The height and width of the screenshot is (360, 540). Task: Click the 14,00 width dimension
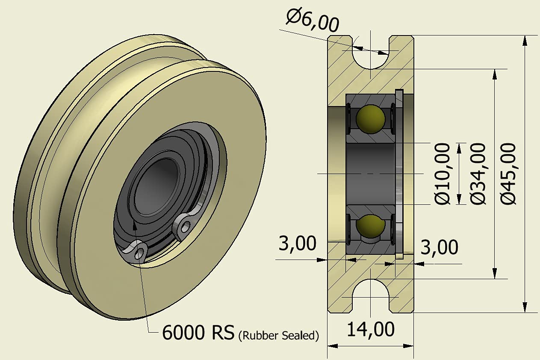pos(370,330)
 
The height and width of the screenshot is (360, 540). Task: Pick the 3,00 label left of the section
pos(298,244)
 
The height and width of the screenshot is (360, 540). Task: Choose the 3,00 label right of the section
pos(440,247)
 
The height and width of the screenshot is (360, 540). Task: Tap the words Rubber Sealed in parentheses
pos(278,336)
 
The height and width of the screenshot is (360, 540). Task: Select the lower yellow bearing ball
pos(370,226)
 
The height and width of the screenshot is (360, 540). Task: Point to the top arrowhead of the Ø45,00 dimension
pos(525,40)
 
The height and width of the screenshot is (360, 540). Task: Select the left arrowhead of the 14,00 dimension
pos(331,346)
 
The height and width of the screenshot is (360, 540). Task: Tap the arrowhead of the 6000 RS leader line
pos(134,224)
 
